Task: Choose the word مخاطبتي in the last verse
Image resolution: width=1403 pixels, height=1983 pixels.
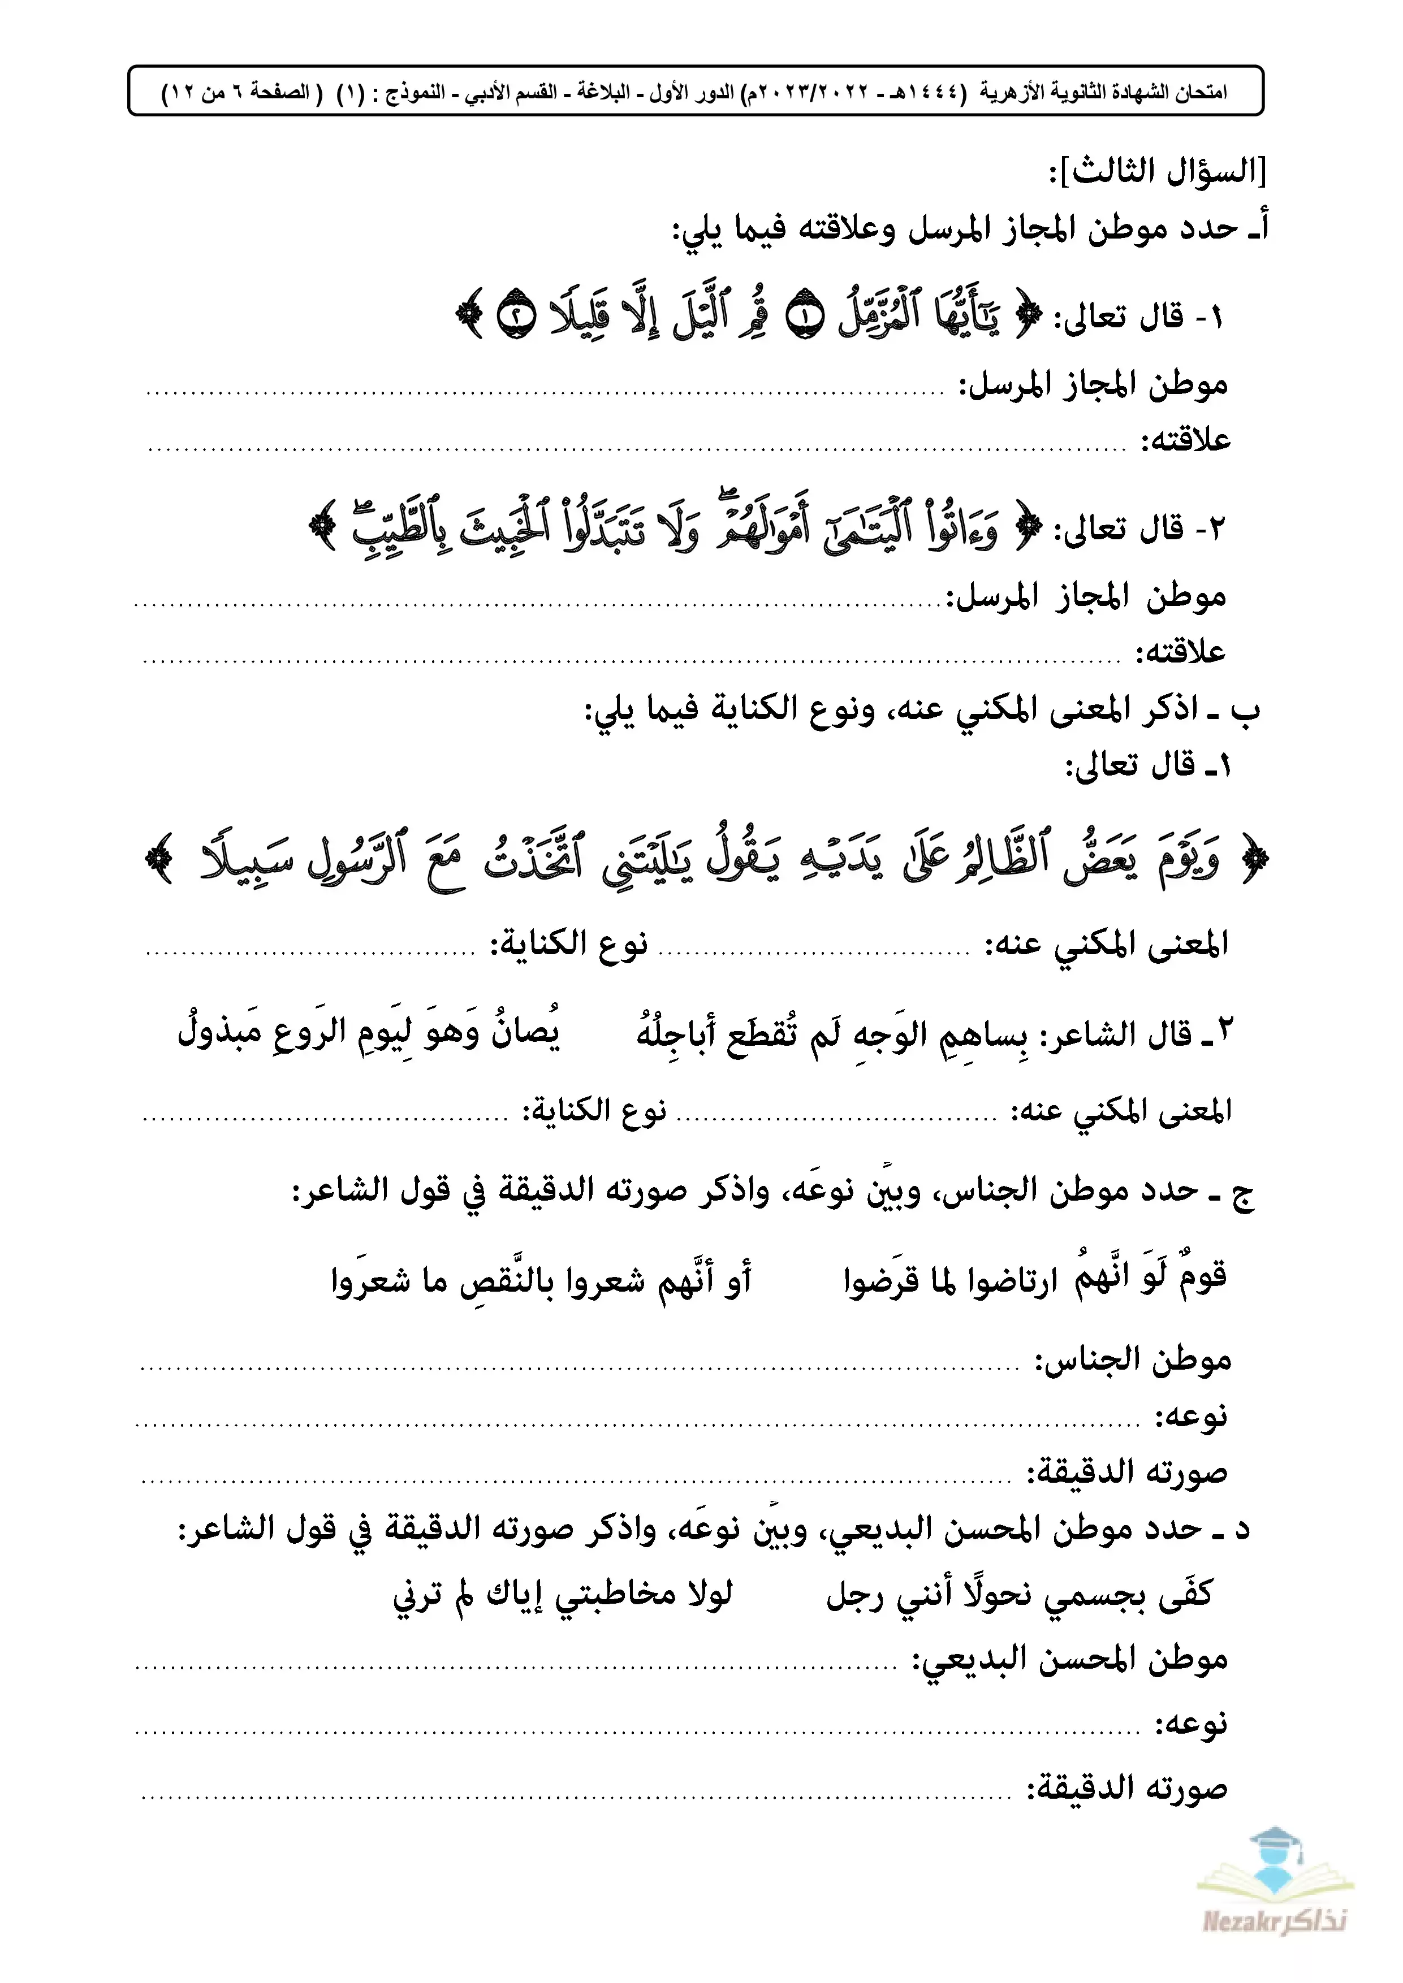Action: [x=614, y=1594]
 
